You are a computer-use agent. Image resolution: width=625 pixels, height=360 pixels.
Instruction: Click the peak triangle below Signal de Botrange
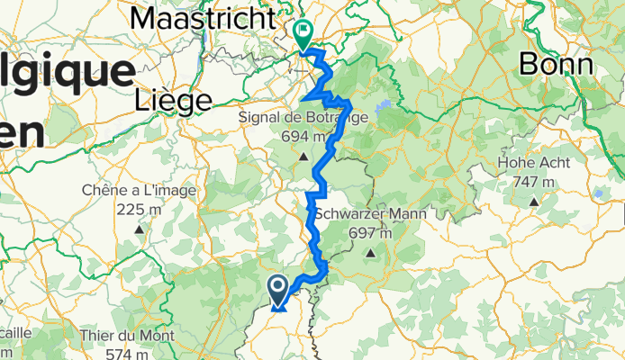pos(305,157)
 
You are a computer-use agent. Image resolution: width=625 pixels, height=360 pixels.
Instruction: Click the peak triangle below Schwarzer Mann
pos(370,254)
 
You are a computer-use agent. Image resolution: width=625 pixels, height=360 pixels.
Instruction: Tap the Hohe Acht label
pos(535,163)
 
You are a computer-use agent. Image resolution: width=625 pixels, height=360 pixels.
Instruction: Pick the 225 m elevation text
pos(140,210)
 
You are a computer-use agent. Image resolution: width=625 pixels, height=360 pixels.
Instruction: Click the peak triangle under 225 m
pos(140,229)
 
